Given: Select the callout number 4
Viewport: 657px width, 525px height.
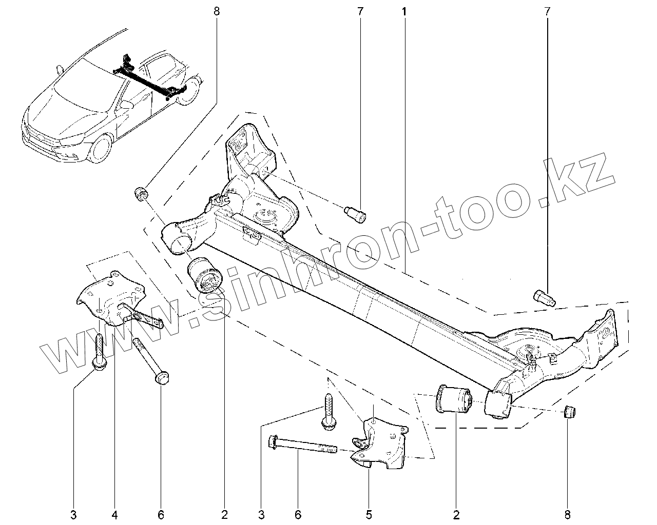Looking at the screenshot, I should pyautogui.click(x=114, y=514).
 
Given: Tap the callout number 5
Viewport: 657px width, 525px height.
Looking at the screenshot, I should pyautogui.click(x=369, y=514).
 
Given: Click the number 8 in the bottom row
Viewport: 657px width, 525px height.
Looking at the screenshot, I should pyautogui.click(x=568, y=514).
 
